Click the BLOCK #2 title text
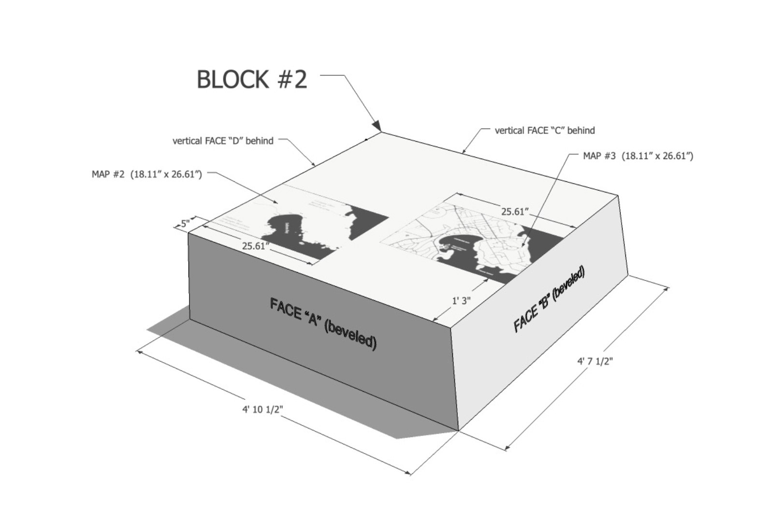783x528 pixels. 251,79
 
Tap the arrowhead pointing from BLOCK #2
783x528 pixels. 377,126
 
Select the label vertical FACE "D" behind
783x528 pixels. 223,141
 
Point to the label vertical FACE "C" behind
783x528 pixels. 545,131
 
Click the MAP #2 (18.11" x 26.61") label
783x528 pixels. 146,174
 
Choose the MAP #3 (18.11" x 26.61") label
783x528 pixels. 638,156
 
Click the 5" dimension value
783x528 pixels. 185,223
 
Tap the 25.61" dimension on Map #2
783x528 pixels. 255,246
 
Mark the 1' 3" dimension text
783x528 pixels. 461,301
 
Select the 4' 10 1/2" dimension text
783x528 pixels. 262,409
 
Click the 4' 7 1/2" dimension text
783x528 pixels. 594,361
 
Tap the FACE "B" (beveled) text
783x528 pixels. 549,300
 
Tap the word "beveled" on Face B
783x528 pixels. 569,283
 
